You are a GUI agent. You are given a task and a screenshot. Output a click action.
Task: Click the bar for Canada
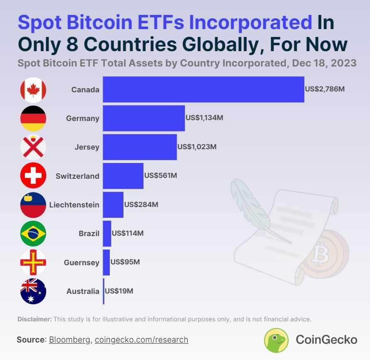tap(203, 89)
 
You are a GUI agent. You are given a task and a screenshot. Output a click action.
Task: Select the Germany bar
tap(143, 118)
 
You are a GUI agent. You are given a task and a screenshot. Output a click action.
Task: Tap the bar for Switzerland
tap(123, 176)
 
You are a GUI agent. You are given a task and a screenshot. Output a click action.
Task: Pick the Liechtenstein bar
tap(113, 205)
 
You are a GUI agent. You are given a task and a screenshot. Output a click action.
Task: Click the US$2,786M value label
tap(325, 89)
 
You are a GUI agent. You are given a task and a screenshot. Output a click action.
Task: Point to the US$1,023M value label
tap(197, 147)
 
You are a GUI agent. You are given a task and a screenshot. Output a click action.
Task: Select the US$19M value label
tap(119, 291)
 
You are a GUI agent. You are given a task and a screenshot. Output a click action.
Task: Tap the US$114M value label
tap(128, 233)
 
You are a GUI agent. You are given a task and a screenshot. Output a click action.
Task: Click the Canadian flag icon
tap(33, 89)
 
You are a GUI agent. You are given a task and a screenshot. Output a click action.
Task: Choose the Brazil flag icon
tap(33, 234)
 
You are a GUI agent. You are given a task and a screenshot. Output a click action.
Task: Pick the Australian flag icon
tap(33, 291)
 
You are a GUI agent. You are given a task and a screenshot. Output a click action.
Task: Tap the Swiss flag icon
tap(33, 176)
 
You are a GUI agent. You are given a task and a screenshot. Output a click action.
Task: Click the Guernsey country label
tap(81, 262)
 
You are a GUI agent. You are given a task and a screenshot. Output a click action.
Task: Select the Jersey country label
tap(87, 147)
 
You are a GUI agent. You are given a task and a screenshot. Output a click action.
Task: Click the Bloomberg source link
tap(70, 340)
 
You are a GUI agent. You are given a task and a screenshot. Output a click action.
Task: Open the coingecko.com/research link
tap(141, 340)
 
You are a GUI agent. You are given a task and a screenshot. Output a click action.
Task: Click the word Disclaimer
tap(35, 319)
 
